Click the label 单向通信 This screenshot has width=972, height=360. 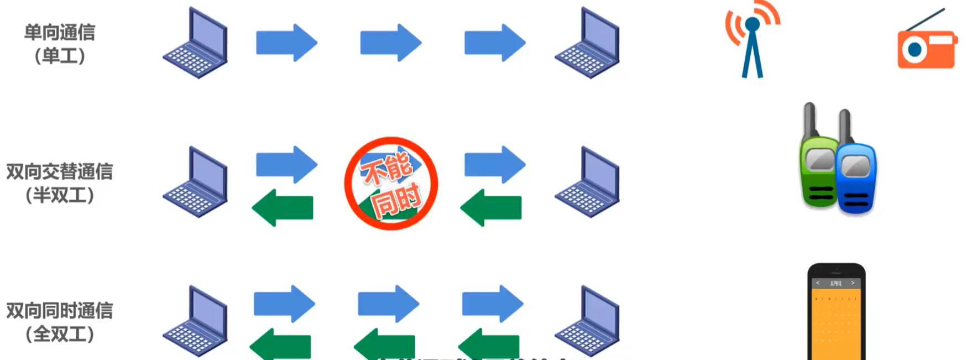point(59,32)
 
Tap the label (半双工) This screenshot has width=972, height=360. point(59,195)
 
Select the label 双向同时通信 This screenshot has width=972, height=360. point(59,310)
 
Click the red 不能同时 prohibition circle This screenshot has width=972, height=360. point(391,184)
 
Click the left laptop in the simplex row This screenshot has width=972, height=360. point(196,44)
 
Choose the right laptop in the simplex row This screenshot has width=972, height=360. point(588,44)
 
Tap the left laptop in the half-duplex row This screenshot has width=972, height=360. point(196,182)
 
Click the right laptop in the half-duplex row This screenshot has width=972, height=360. point(588,182)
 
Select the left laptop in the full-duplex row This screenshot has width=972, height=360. point(196,322)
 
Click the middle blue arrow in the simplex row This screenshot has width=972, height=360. point(390,43)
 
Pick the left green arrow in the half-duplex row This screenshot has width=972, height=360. point(283,208)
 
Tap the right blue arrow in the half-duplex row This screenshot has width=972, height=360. point(494,164)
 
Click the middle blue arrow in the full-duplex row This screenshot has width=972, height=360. point(388,304)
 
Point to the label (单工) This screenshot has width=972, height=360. point(59,55)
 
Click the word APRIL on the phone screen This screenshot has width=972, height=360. point(836,283)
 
